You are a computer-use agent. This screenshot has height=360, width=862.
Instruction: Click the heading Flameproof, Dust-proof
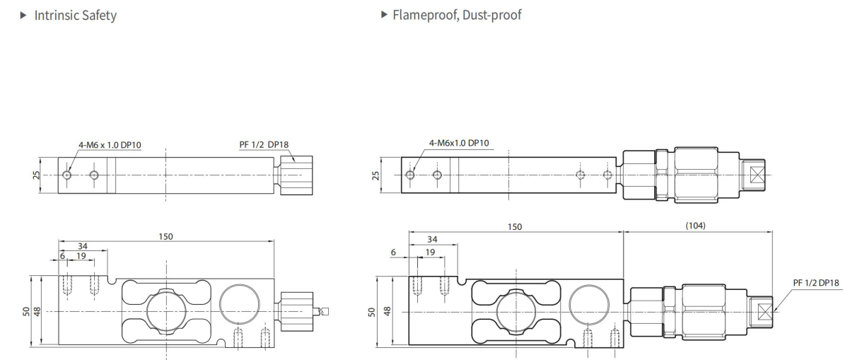tap(456, 15)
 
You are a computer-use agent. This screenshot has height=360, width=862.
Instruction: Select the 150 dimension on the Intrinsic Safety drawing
tap(165, 236)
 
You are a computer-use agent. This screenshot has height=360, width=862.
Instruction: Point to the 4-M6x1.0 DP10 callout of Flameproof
tap(458, 144)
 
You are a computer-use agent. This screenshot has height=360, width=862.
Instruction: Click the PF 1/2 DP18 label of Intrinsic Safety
tap(264, 145)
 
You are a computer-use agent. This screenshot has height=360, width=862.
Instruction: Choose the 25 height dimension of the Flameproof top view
tap(376, 174)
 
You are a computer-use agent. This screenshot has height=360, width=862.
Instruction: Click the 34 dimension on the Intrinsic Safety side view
tap(83, 246)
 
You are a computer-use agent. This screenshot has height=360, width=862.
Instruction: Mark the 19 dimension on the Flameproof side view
tap(431, 251)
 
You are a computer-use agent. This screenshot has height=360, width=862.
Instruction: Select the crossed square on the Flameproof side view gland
tap(764, 311)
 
